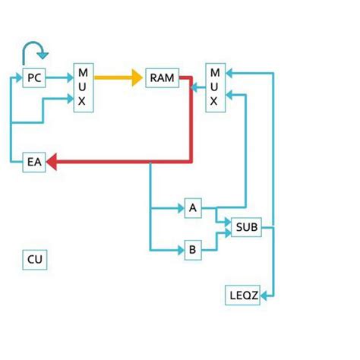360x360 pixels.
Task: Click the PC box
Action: pos(33,77)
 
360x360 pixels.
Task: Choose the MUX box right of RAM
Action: pos(215,88)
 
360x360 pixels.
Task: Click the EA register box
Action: pos(33,162)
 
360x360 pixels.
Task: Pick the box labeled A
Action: pos(192,207)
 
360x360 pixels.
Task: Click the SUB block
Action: pos(247,226)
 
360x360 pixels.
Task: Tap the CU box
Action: pos(35,260)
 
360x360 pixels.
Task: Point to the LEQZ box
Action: pos(244,295)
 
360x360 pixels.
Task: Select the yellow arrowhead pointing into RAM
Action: pos(137,77)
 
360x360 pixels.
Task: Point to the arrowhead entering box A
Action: pos(180,207)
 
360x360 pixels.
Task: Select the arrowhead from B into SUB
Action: pos(226,233)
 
